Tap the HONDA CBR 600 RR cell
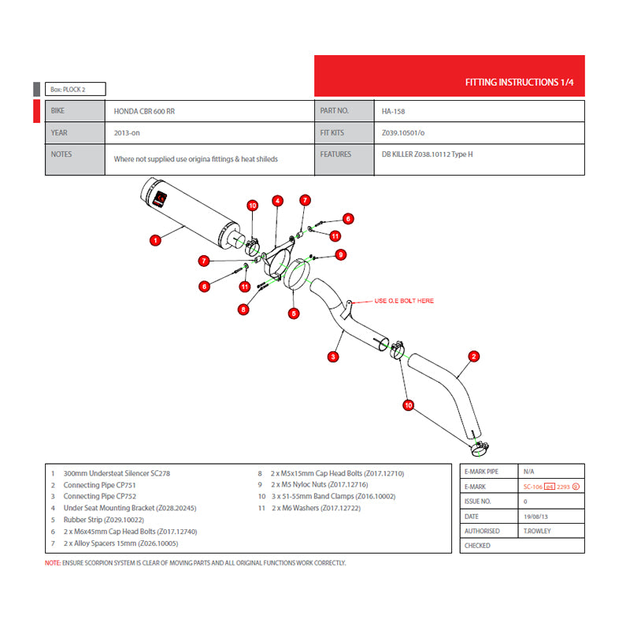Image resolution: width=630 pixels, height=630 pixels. (x=145, y=112)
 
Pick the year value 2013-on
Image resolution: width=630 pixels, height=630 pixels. (x=127, y=133)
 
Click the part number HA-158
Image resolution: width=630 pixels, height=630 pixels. (x=394, y=112)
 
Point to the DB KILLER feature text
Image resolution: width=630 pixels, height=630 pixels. (x=428, y=154)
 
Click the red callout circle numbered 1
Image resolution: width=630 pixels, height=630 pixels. (x=155, y=238)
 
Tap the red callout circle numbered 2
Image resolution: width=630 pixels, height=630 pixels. (x=474, y=356)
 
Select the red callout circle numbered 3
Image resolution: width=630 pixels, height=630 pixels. (x=334, y=357)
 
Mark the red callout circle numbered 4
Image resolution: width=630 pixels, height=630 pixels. (x=277, y=201)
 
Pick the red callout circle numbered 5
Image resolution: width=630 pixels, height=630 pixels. (x=295, y=313)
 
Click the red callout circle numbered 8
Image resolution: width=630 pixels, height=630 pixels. (x=243, y=309)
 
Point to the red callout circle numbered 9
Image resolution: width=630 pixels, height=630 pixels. (x=341, y=254)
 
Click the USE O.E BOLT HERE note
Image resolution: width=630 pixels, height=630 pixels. (x=404, y=301)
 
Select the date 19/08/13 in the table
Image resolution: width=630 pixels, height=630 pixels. (x=536, y=516)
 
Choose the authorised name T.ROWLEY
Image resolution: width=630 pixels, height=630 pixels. (x=537, y=531)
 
